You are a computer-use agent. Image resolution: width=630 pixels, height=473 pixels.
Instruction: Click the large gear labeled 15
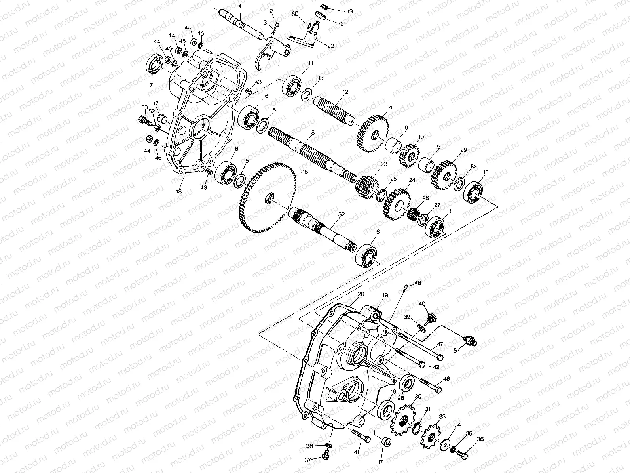coord(267,198)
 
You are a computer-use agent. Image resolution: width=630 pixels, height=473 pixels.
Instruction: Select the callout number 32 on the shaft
coord(342,214)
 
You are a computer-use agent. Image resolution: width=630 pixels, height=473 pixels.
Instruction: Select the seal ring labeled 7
coord(154,65)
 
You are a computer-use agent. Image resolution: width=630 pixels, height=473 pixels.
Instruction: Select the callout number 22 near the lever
coord(330,46)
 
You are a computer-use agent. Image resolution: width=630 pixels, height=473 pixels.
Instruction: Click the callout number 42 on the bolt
coord(436,367)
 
